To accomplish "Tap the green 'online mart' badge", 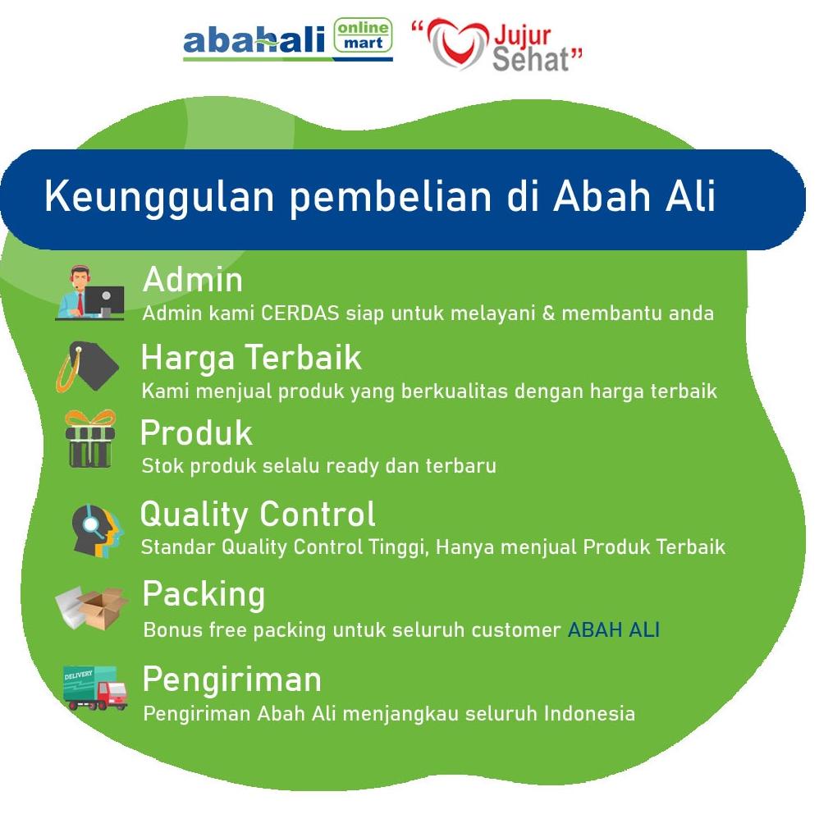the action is pyautogui.click(x=363, y=35).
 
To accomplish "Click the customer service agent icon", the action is pyautogui.click(x=89, y=292).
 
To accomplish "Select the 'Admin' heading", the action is pyautogui.click(x=193, y=280).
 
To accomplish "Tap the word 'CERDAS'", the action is pyautogui.click(x=300, y=313).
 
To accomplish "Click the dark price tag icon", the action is pyautogui.click(x=88, y=366).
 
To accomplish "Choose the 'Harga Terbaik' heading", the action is pyautogui.click(x=251, y=359).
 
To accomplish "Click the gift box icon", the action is pyautogui.click(x=89, y=439).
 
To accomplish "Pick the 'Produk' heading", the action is pyautogui.click(x=196, y=433).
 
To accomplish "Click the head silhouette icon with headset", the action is pyautogui.click(x=97, y=531).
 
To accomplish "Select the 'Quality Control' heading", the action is pyautogui.click(x=258, y=515).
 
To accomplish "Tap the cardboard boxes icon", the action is pyautogui.click(x=92, y=608).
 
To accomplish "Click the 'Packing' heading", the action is pyautogui.click(x=204, y=595).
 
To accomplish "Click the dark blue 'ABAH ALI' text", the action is pyautogui.click(x=614, y=630).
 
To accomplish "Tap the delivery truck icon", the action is pyautogui.click(x=94, y=688).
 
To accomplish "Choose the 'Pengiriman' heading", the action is pyautogui.click(x=232, y=680).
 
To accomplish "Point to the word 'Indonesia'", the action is pyautogui.click(x=589, y=713).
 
